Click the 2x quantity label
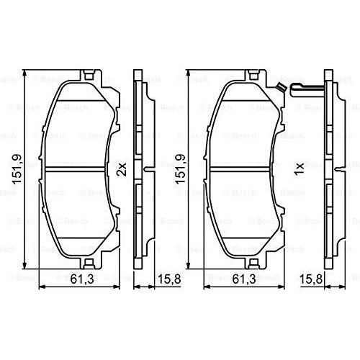pyautogui.click(x=122, y=169)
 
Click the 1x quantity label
pyautogui.click(x=300, y=169)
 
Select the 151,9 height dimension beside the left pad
pyautogui.click(x=17, y=169)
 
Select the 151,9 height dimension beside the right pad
pyautogui.click(x=181, y=169)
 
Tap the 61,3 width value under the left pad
pyautogui.click(x=82, y=279)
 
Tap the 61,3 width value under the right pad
pyautogui.click(x=244, y=279)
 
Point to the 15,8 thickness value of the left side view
pyautogui.click(x=169, y=279)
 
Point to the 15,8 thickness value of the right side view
pyautogui.click(x=311, y=279)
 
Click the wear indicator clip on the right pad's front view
pyautogui.click(x=281, y=87)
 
